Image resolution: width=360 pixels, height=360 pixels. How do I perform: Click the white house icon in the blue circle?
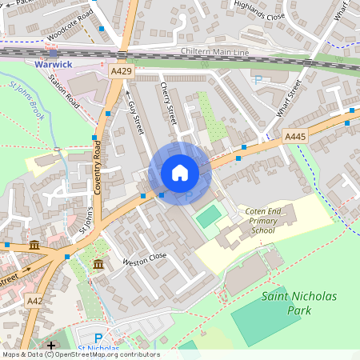180,173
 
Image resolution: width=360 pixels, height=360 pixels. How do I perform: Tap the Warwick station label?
53,64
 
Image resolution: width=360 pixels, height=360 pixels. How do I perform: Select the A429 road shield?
121,71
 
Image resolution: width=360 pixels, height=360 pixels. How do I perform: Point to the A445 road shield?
295,138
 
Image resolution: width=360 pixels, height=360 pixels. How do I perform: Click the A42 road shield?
34,301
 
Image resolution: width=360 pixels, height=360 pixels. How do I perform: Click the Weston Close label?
144,258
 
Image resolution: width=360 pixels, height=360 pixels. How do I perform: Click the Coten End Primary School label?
263,220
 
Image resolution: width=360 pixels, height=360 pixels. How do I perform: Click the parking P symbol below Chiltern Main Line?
258,79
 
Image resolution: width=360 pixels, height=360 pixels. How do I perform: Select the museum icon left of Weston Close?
98,264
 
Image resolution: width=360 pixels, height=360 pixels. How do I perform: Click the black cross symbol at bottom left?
52,345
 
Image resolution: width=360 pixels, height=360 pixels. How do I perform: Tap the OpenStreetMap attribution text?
80,354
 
